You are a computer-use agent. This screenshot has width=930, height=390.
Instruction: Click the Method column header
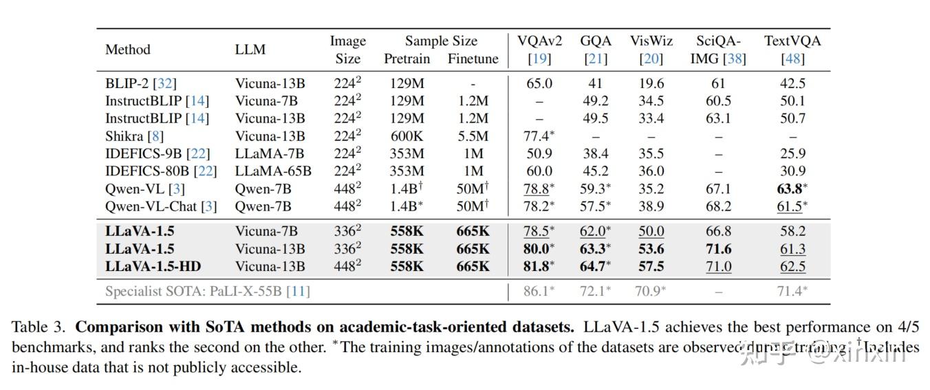coord(127,50)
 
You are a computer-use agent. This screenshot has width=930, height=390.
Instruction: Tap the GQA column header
coord(596,41)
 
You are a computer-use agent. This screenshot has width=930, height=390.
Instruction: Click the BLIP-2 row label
coord(140,83)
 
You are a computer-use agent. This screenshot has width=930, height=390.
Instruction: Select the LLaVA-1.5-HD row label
coord(153,266)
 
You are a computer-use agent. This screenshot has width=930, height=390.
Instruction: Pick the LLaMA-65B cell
coord(273,171)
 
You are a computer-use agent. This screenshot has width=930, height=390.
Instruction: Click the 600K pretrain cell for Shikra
coord(407,136)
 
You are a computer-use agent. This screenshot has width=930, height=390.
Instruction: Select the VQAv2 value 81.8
coord(537,266)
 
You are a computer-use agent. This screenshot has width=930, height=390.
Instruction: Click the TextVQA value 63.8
coord(790,188)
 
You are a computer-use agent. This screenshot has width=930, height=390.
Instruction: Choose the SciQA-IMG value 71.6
coord(718,249)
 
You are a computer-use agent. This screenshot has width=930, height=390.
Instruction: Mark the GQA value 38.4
coord(595,153)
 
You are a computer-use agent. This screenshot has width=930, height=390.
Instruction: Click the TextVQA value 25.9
coord(792,153)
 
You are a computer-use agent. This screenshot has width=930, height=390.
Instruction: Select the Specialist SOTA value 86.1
coord(537,291)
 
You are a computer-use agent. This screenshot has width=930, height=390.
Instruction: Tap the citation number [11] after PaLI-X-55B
coord(299,291)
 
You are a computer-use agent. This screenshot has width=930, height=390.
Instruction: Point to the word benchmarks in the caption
coord(47,347)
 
